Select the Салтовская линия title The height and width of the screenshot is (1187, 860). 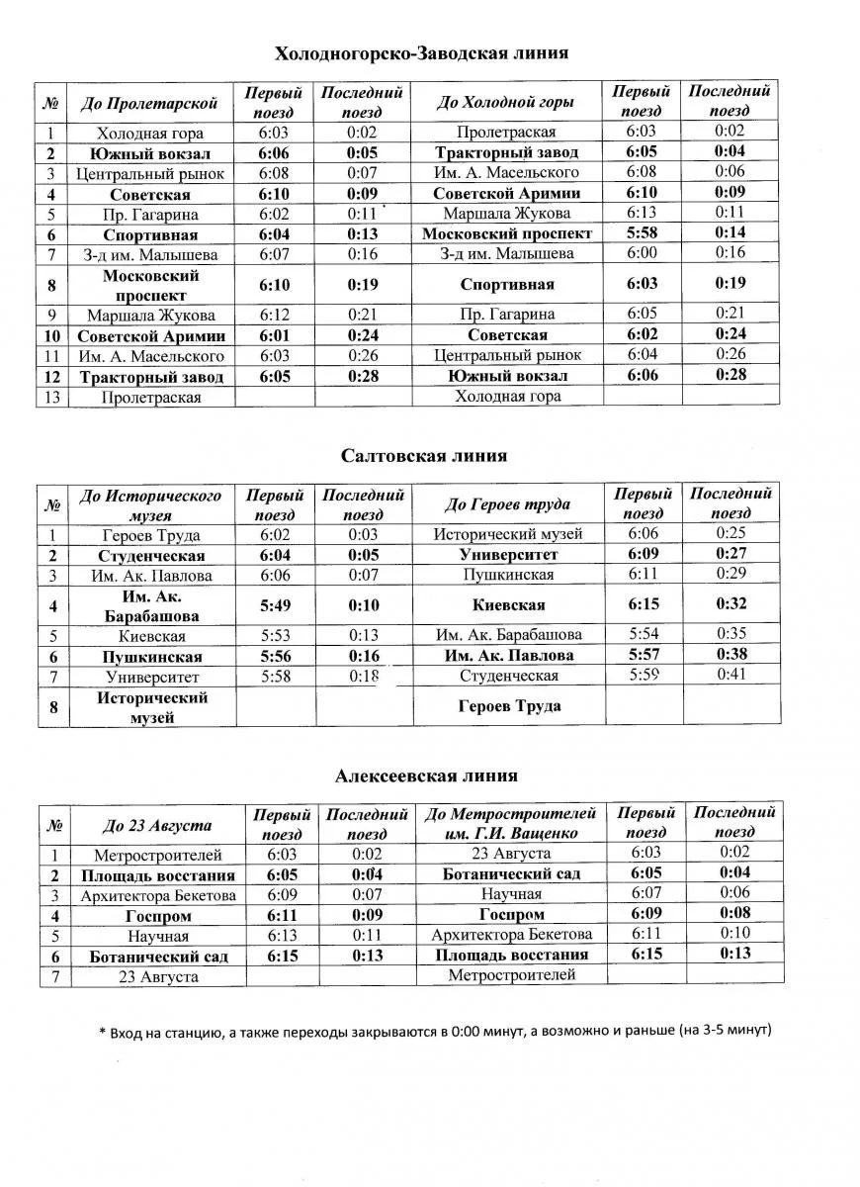[424, 456]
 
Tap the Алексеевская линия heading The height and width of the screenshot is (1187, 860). [426, 776]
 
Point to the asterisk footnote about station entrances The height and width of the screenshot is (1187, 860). [435, 1031]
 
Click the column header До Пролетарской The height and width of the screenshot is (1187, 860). [148, 102]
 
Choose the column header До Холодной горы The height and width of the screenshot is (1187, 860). [505, 102]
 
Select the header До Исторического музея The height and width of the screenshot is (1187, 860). [150, 504]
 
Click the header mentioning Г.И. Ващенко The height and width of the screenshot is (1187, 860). [510, 824]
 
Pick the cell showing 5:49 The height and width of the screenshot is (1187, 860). [275, 604]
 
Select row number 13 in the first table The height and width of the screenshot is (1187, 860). [50, 397]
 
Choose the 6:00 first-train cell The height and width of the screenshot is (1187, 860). [642, 253]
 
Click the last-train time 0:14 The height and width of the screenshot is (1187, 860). [730, 233]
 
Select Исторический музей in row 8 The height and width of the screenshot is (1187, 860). [151, 707]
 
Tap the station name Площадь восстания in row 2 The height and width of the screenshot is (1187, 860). [158, 875]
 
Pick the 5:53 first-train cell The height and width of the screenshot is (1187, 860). [275, 636]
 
